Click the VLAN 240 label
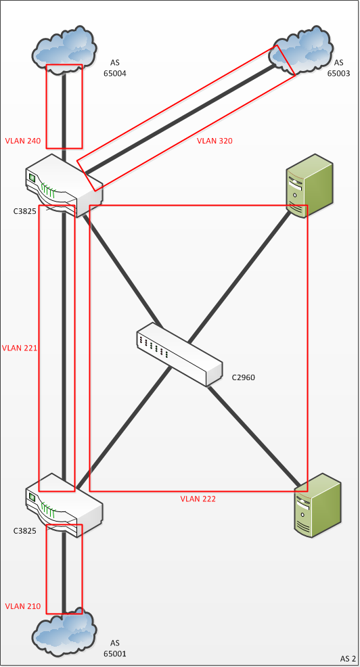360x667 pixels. pyautogui.click(x=23, y=141)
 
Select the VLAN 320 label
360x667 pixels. pyautogui.click(x=215, y=141)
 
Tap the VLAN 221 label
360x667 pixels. pyautogui.click(x=20, y=348)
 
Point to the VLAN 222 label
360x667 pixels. pyautogui.click(x=198, y=499)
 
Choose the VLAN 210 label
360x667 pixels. pyautogui.click(x=23, y=606)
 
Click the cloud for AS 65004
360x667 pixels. pyautogui.click(x=64, y=50)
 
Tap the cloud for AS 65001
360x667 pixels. pyautogui.click(x=64, y=634)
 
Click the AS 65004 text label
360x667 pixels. pyautogui.click(x=115, y=68)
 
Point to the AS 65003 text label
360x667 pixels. pyautogui.click(x=338, y=68)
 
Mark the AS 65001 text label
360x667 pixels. pyautogui.click(x=115, y=647)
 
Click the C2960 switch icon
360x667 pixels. pyautogui.click(x=179, y=354)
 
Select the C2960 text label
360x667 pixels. pyautogui.click(x=244, y=377)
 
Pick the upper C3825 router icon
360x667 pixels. pyautogui.click(x=64, y=185)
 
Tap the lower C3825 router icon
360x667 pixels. pyautogui.click(x=64, y=505)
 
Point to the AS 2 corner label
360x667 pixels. pyautogui.click(x=348, y=659)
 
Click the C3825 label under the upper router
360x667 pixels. pyautogui.click(x=24, y=210)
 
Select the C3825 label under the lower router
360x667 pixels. pyautogui.click(x=24, y=530)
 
